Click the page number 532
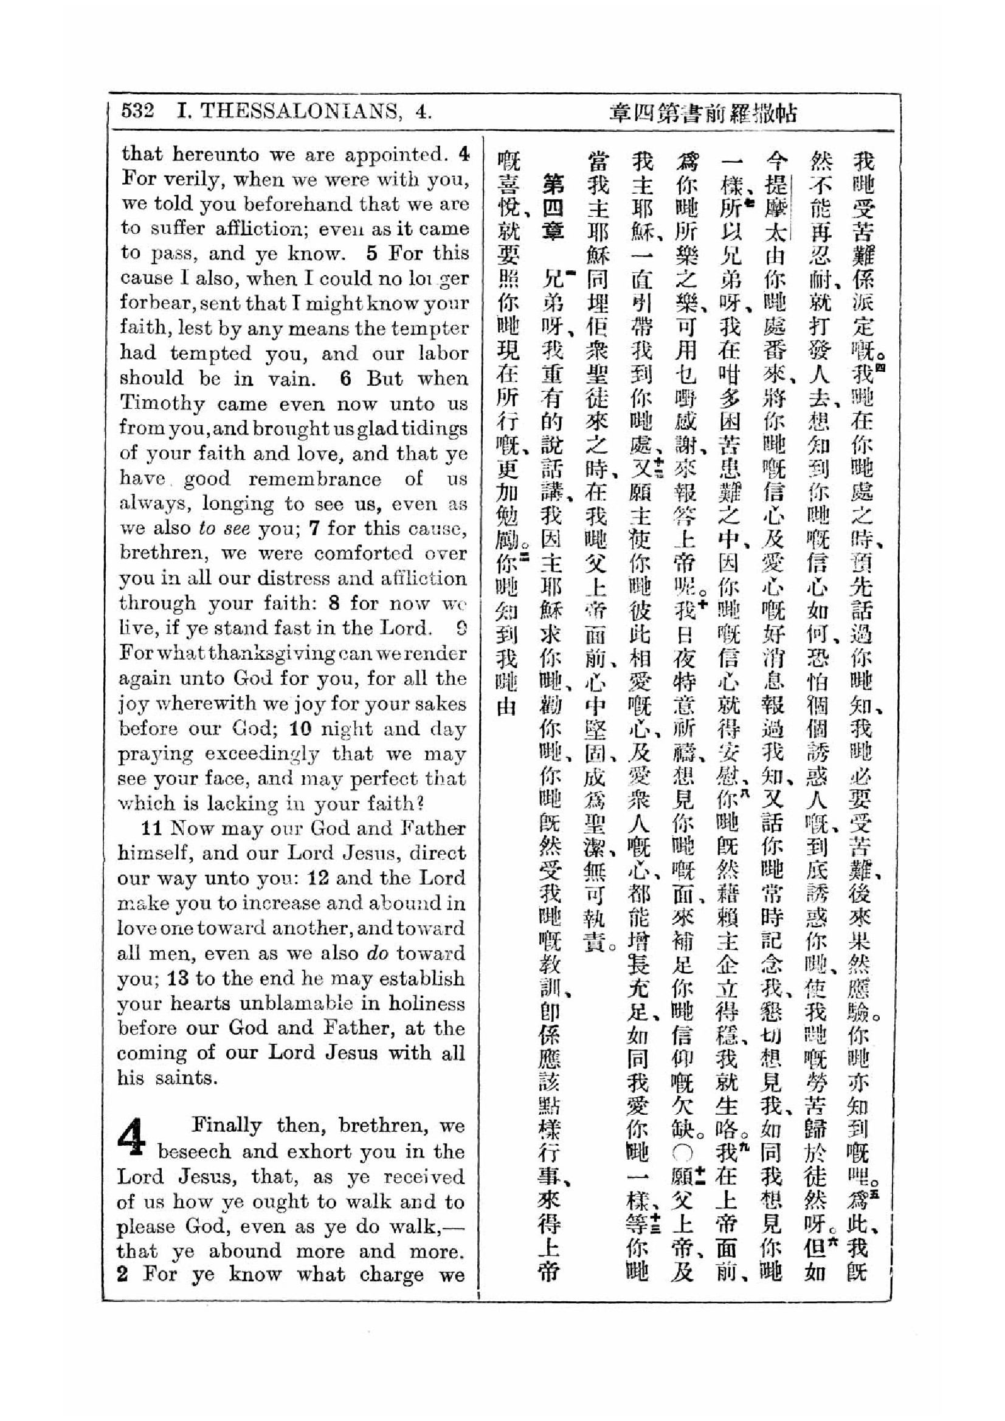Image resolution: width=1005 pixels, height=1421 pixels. coord(137,111)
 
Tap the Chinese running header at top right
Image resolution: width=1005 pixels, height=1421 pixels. coord(702,114)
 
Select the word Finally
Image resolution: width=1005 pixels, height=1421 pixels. coord(227,1125)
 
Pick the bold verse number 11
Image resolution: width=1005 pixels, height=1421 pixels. coord(153,828)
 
